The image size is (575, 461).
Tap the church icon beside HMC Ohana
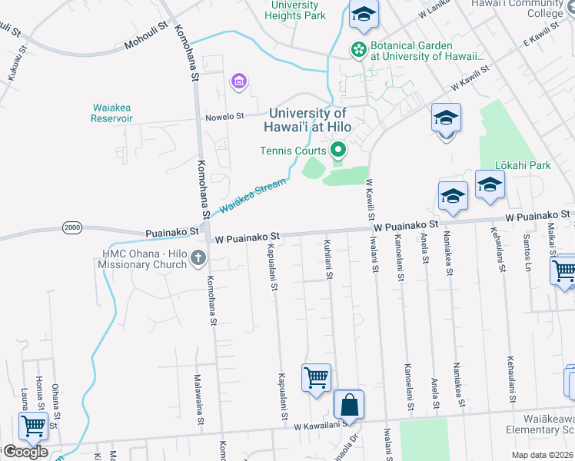point(198,257)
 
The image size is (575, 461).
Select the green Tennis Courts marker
point(337,150)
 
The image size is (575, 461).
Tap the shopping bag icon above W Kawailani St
point(349,404)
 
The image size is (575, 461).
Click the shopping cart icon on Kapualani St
point(316,378)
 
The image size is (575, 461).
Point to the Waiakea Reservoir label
point(112,113)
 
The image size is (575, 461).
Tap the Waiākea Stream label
point(252,196)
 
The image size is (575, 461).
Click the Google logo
point(25,452)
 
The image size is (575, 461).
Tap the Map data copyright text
point(542,455)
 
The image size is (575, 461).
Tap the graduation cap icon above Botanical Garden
point(364,14)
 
